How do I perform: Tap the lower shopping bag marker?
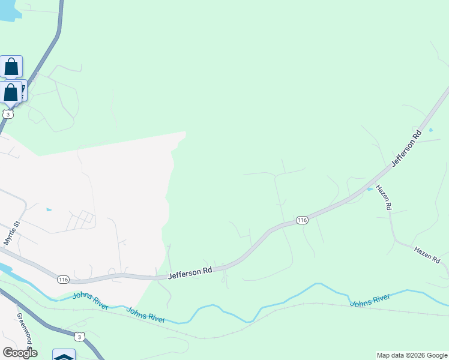(11, 92)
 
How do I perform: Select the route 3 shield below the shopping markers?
(7, 113)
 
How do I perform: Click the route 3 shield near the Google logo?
(80, 337)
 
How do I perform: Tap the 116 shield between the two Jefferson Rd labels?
(302, 220)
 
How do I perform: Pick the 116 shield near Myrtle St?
(64, 280)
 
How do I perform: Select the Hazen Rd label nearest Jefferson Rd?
(384, 197)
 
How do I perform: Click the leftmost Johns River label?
(90, 301)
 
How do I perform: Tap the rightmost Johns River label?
(370, 300)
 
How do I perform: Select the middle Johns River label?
(146, 315)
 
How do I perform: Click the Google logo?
(20, 353)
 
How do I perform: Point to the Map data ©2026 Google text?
(412, 355)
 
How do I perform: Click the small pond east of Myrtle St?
(49, 210)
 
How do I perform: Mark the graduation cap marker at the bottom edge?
(64, 355)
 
